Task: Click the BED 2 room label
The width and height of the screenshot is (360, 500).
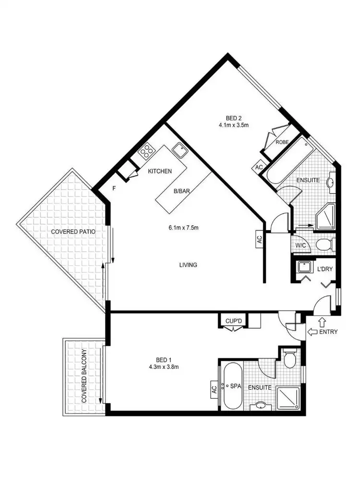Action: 236,117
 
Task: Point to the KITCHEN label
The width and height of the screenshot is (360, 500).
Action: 160,171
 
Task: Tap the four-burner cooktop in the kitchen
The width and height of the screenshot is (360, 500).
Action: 146,151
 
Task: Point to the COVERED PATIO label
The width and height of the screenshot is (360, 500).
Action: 73,232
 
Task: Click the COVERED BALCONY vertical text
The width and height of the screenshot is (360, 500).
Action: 84,376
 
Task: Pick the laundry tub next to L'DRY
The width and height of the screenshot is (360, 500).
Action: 303,267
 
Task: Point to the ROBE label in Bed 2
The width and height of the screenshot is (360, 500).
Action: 281,143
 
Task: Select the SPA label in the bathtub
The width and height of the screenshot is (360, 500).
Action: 236,386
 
